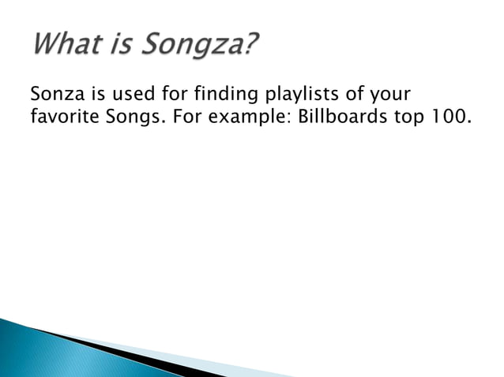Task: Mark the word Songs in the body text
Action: (128, 120)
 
